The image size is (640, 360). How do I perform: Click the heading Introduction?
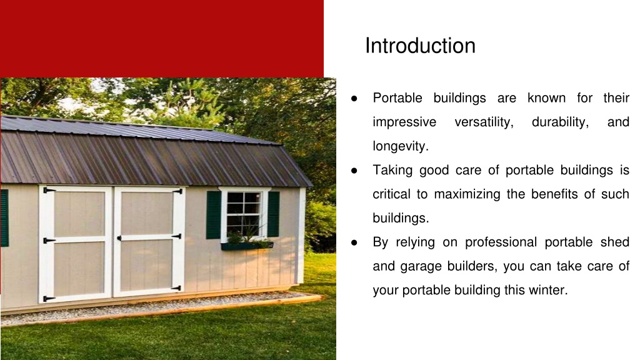(x=420, y=45)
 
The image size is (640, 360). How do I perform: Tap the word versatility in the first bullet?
(x=484, y=122)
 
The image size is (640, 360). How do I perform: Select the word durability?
(x=561, y=122)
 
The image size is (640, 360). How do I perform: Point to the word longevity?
(x=401, y=146)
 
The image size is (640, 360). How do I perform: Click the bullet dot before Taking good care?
(x=354, y=171)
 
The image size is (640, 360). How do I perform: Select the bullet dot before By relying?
(x=354, y=243)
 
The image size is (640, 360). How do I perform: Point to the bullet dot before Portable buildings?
(x=354, y=98)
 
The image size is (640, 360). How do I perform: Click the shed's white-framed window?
(x=244, y=214)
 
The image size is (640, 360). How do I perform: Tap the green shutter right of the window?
(x=274, y=214)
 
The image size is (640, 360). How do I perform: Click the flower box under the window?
(x=247, y=246)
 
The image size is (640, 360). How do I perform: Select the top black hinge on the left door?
(x=49, y=190)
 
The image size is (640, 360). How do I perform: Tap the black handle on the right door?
(x=119, y=238)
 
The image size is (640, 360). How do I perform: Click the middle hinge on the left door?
(x=49, y=241)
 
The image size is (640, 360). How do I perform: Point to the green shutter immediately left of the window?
(x=214, y=215)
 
